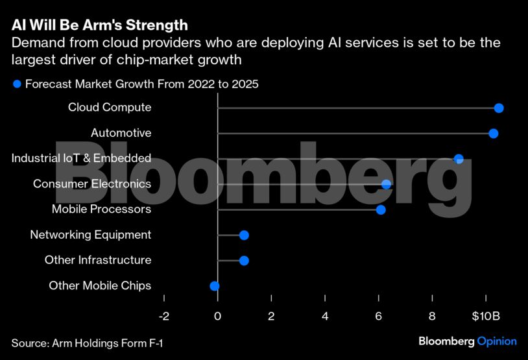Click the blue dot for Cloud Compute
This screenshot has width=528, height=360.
pyautogui.click(x=499, y=108)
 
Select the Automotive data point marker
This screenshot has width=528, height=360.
pyautogui.click(x=494, y=133)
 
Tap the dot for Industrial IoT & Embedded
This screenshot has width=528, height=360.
pyautogui.click(x=459, y=159)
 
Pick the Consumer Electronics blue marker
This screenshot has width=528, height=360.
pyautogui.click(x=387, y=184)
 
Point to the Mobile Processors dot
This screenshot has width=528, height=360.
pyautogui.click(x=381, y=210)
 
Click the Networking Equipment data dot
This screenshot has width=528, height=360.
pyautogui.click(x=244, y=235)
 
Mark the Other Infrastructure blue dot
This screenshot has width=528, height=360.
pyautogui.click(x=244, y=260)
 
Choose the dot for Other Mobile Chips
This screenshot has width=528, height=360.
pyautogui.click(x=215, y=285)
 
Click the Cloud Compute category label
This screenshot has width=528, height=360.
pyautogui.click(x=110, y=108)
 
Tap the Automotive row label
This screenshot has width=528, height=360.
pyautogui.click(x=121, y=133)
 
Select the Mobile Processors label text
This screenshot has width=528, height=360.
pyautogui.click(x=101, y=210)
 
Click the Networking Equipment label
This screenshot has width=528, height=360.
pyautogui.click(x=91, y=235)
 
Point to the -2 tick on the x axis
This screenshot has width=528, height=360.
pyautogui.click(x=163, y=316)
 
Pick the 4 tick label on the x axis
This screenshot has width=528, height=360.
pyautogui.click(x=325, y=316)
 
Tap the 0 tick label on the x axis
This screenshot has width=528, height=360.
pyautogui.click(x=217, y=316)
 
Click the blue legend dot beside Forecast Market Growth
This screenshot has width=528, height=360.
pyautogui.click(x=18, y=84)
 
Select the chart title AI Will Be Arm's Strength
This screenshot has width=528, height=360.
pyautogui.click(x=100, y=25)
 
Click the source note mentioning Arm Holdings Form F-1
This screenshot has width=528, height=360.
pyautogui.click(x=87, y=342)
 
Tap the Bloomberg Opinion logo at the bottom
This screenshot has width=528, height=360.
pyautogui.click(x=468, y=341)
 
